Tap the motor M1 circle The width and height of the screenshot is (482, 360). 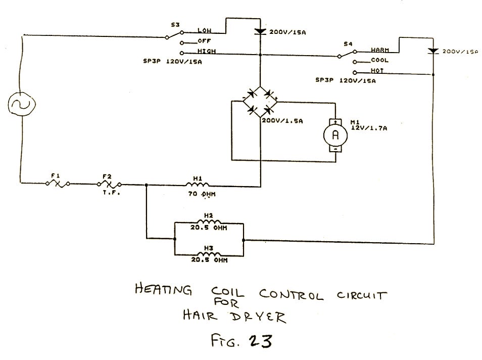tap(334, 135)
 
